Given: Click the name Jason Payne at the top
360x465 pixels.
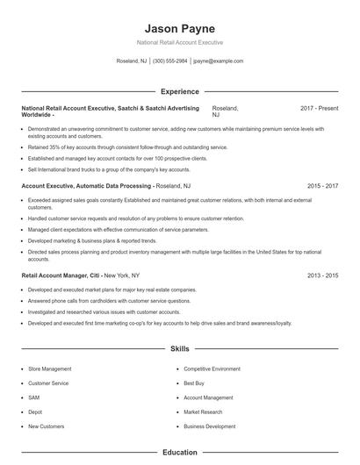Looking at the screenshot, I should tap(179, 27).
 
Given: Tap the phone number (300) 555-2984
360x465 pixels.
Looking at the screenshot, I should tap(170, 61).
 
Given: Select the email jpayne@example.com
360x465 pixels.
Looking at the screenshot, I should tap(218, 61).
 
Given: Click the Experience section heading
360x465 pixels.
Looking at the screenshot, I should tap(179, 91).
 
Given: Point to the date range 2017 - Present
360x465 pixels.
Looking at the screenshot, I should tap(319, 108).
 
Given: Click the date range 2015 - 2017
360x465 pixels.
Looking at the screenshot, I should tap(323, 186).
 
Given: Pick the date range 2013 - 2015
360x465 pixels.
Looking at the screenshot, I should tap(323, 275).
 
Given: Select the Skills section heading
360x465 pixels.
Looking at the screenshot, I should tap(179, 348).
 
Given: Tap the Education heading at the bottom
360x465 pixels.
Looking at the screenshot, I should tap(179, 453).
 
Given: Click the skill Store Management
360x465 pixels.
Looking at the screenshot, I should tap(50, 369).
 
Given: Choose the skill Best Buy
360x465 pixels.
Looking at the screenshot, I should tap(195, 383).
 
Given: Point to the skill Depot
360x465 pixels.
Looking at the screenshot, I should tap(36, 411).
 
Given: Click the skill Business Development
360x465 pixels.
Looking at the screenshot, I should tap(209, 426).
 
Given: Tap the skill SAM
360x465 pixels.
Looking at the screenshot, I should tap(34, 397).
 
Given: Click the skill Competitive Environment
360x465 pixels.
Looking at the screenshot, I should tap(211, 369).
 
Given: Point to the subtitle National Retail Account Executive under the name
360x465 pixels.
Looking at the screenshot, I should tap(179, 42).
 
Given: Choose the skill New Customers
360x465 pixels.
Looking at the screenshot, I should tap(47, 426).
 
